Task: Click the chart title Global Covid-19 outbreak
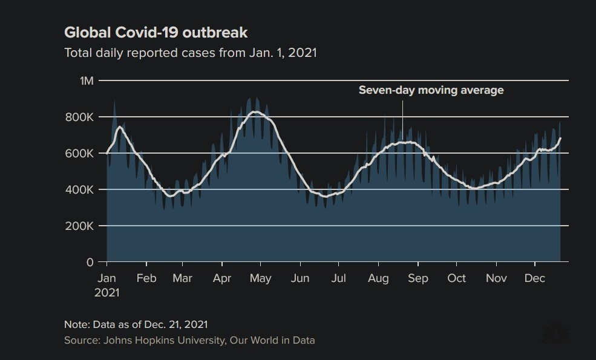(x=156, y=32)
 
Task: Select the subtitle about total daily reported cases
(x=191, y=53)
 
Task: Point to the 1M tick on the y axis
(x=87, y=80)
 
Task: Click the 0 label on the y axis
(x=90, y=262)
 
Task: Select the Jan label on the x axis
(x=106, y=278)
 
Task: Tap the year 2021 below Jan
(x=108, y=292)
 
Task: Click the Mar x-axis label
(x=182, y=278)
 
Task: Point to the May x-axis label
(x=260, y=278)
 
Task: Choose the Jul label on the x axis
(x=338, y=278)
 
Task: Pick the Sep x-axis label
(x=418, y=278)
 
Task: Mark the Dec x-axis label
(x=535, y=278)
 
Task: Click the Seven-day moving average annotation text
(x=431, y=91)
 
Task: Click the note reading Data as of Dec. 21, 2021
(x=136, y=324)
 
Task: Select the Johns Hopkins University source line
(x=189, y=340)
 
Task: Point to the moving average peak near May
(x=256, y=112)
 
